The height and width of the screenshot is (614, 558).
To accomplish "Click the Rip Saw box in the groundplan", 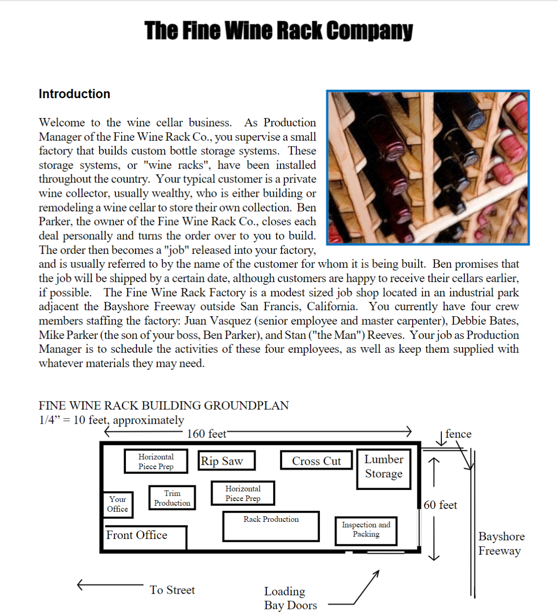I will (x=226, y=461).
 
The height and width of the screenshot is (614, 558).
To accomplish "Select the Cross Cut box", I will (x=316, y=461).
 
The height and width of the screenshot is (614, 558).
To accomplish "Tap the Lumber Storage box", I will (x=383, y=469).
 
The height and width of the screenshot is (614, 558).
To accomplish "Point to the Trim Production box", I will (x=172, y=498).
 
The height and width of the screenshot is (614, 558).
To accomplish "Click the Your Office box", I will (x=118, y=504).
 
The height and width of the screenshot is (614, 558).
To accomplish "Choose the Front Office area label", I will (x=137, y=535).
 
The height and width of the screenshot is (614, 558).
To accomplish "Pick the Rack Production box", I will (x=271, y=526).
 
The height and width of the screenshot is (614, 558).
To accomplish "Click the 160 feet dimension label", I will (x=207, y=434).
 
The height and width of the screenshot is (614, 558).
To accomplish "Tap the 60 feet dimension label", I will (x=440, y=505).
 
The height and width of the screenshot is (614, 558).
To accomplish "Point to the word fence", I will (x=458, y=434).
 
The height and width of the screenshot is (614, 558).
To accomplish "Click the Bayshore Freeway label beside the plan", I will (x=501, y=544).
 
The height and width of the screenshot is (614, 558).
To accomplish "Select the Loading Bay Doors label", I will (x=290, y=598).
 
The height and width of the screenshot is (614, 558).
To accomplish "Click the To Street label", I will (x=172, y=590).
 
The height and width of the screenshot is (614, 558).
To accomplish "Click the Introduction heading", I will (x=75, y=94).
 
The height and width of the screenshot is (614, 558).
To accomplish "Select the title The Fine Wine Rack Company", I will (x=278, y=31).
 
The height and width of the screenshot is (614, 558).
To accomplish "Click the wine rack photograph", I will (x=427, y=167).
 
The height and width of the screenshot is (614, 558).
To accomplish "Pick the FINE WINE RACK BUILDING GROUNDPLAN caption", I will (x=163, y=406).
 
